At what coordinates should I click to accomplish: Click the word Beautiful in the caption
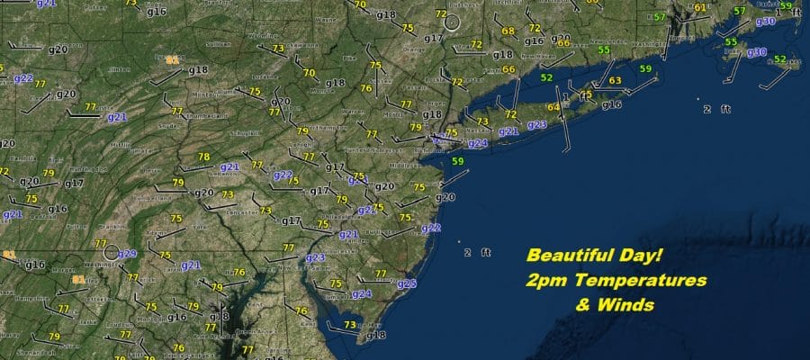pos(569,256)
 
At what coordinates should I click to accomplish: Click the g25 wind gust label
pos(407,283)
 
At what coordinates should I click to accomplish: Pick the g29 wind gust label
pos(127,254)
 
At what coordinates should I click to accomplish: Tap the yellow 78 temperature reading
pos(204,157)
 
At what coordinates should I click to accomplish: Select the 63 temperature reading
pos(615,81)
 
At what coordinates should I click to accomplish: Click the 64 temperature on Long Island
pos(553,108)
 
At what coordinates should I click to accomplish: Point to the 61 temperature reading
pos(700,8)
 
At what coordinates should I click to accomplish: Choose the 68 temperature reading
pos(508,31)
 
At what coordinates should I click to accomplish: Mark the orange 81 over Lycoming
pos(172,58)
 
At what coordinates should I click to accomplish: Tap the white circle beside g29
pos(111,253)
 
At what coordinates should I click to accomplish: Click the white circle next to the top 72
pos(453,21)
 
